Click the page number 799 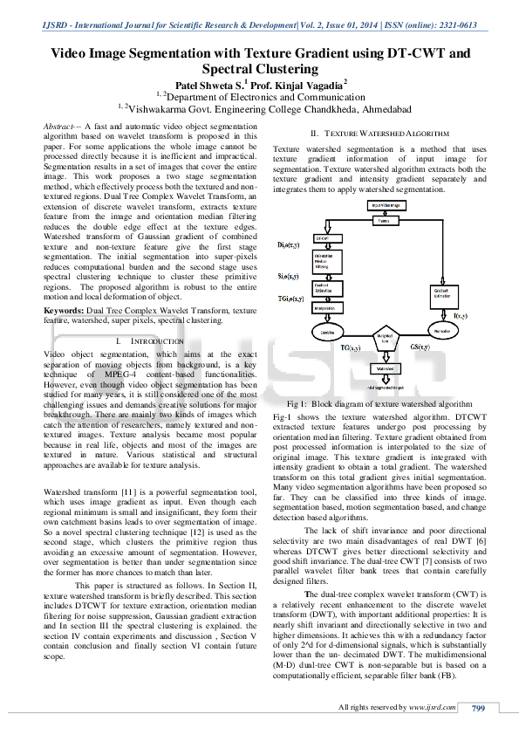[477, 708]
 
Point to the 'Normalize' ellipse [443, 332]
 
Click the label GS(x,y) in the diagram [418, 347]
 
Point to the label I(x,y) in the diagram [461, 314]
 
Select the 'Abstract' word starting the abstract [60, 127]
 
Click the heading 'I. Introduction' [150, 340]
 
